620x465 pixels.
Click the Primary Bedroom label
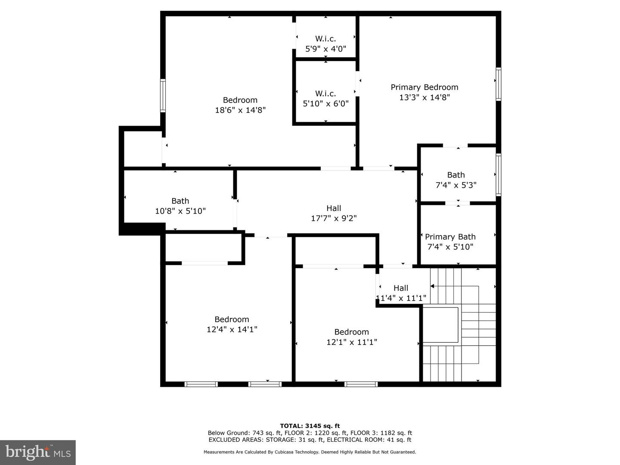(x=424, y=87)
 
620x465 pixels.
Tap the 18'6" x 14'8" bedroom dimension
(x=240, y=110)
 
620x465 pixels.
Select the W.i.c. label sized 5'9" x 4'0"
(x=325, y=39)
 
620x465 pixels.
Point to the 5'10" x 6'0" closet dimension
(x=325, y=104)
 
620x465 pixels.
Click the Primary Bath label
(x=450, y=237)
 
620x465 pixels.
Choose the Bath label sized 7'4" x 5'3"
(x=456, y=175)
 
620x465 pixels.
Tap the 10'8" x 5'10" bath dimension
(x=180, y=211)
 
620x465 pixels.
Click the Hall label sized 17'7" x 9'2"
(x=334, y=208)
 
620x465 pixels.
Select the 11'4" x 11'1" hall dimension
(x=401, y=298)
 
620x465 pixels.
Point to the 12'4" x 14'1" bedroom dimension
(x=232, y=329)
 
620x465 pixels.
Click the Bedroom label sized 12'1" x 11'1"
(x=351, y=332)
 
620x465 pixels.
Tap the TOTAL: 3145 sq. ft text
(x=310, y=426)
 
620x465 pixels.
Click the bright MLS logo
(x=38, y=452)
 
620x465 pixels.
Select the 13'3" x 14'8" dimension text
(x=424, y=97)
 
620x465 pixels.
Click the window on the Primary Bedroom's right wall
(x=498, y=84)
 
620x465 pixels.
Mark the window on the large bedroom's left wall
(x=163, y=96)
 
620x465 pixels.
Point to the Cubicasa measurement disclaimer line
(x=310, y=452)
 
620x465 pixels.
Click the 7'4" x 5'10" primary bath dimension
(x=450, y=247)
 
